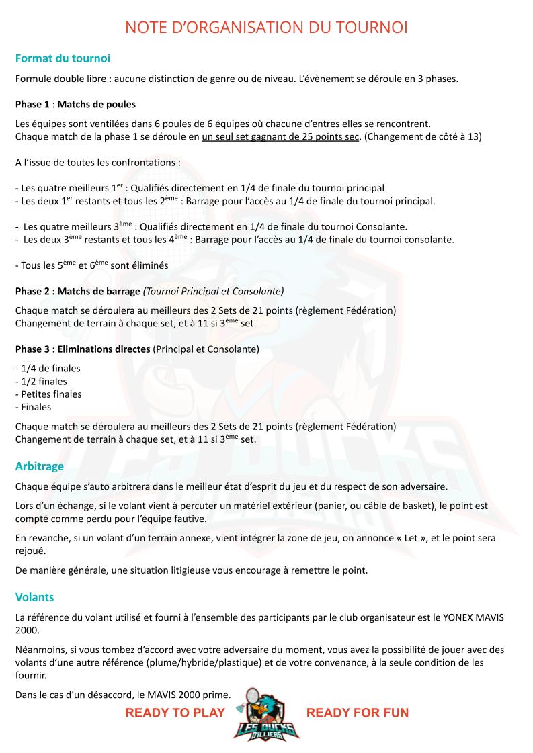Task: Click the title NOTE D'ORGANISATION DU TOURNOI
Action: pyautogui.click(x=266, y=28)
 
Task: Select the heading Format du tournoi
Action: pyautogui.click(x=63, y=58)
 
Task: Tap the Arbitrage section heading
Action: pyautogui.click(x=40, y=466)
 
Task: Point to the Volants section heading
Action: pyautogui.click(x=34, y=596)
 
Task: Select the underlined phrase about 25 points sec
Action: pyautogui.click(x=282, y=136)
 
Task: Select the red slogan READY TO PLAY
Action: pyautogui.click(x=175, y=713)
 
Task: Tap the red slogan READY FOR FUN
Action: pyautogui.click(x=357, y=713)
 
